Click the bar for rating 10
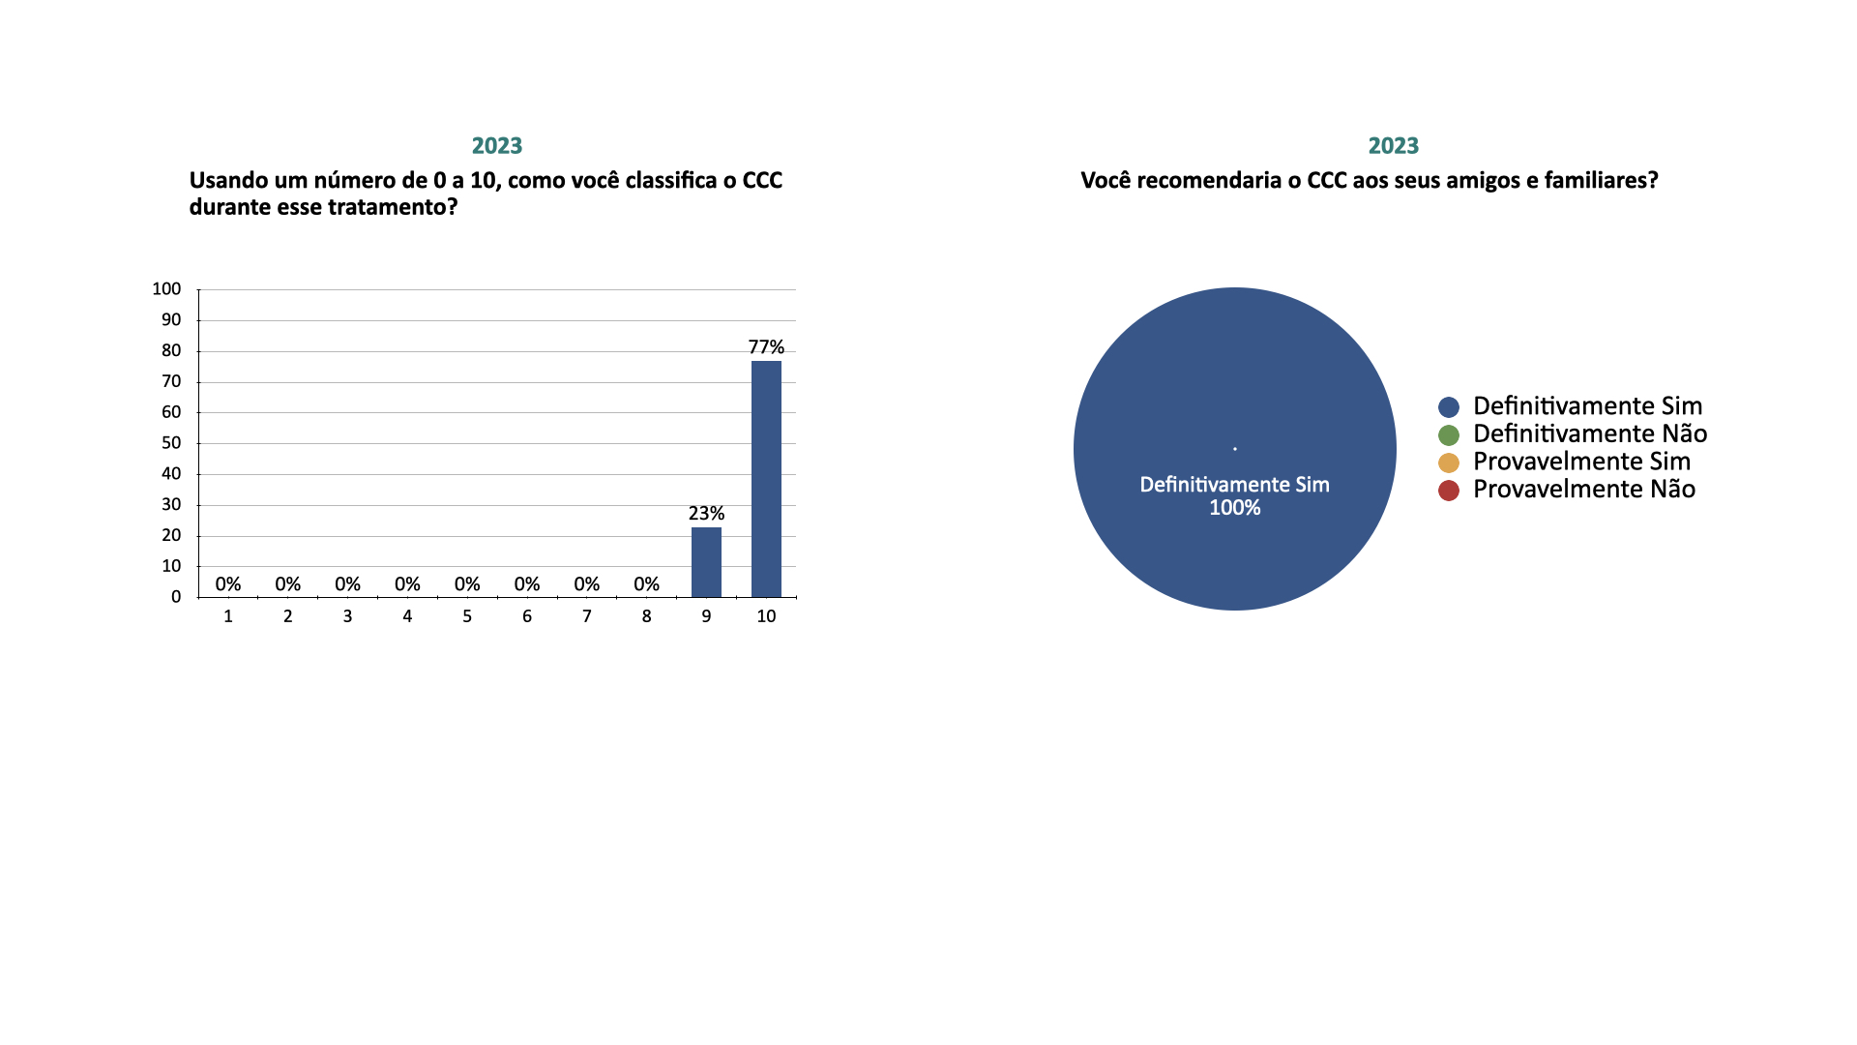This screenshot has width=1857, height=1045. point(766,479)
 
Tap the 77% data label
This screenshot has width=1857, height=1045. point(766,346)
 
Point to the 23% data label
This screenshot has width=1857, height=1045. point(706,513)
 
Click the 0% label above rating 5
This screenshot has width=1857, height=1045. point(467,583)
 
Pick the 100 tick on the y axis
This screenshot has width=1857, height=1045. point(166,288)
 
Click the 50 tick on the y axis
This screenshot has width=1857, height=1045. point(171,442)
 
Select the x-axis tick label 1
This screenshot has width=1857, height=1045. point(228,616)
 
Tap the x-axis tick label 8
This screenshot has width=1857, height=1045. point(646,616)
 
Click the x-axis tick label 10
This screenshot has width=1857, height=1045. point(766,616)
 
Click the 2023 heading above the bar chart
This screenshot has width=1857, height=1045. point(497,145)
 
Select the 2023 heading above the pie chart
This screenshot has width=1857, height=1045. point(1393,145)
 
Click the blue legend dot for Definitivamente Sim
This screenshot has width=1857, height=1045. point(1448,406)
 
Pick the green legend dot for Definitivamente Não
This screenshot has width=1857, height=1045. point(1448,434)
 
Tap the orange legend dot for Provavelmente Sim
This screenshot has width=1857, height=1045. point(1448,463)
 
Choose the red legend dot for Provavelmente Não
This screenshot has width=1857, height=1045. point(1448,491)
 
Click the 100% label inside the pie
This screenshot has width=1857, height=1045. point(1234,508)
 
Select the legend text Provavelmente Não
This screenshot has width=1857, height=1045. point(1583,490)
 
